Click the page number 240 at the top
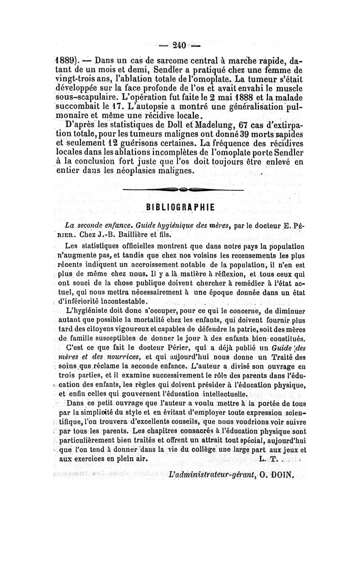(x=180, y=45)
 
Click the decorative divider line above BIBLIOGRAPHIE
(x=182, y=190)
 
